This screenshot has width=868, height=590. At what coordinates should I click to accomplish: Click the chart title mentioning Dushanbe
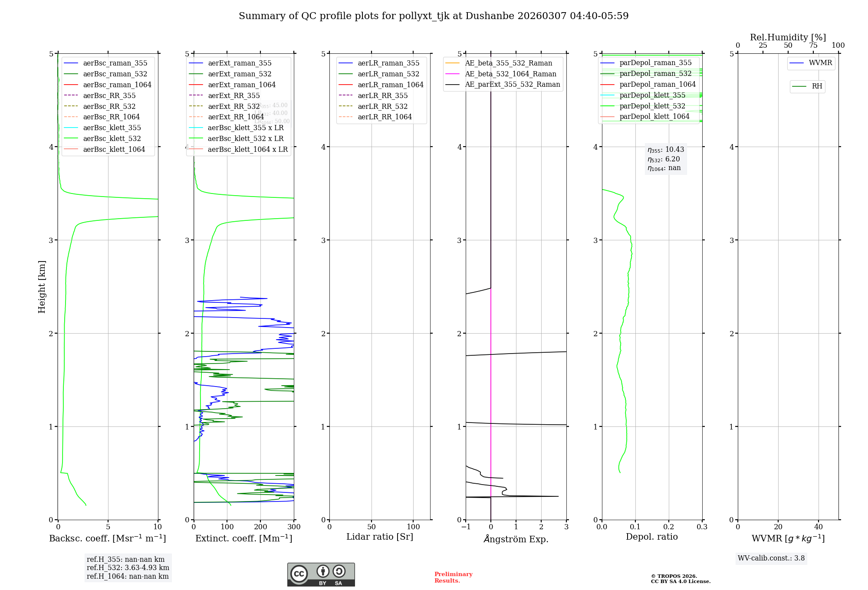pos(434,16)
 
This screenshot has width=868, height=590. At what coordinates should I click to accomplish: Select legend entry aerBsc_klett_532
pos(112,139)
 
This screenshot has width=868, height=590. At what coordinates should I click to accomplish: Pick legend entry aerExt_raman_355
pos(240,63)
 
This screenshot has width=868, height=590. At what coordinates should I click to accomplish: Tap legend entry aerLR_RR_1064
pos(385,117)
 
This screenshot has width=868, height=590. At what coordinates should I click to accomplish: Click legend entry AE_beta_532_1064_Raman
pos(510,74)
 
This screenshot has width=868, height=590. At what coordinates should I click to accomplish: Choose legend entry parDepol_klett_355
pos(652,95)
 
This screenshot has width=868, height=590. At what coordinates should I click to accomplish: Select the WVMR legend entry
pos(820,63)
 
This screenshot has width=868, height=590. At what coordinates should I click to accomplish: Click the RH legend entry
pos(817,86)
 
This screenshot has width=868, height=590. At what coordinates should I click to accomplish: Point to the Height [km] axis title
pos(42,287)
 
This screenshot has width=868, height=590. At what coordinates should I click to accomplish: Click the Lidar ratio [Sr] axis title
pos(380,537)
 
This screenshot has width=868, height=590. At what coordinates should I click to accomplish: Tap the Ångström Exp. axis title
pos(516,539)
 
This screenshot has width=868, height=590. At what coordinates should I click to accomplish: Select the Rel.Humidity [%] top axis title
pos(788,37)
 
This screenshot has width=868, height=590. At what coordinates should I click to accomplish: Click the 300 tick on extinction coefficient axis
pos(294,527)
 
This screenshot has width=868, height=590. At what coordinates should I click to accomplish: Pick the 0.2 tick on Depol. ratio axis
pos(669,527)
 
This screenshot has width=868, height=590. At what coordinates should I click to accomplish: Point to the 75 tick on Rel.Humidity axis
pos(813,46)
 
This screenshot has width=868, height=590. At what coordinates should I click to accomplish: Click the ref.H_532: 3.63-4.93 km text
pos(128,568)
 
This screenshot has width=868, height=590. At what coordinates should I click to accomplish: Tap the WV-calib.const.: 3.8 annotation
pos(771,558)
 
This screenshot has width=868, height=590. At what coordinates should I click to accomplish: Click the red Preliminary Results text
pos(453,577)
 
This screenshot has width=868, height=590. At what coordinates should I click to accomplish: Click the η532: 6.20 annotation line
pos(664,159)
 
